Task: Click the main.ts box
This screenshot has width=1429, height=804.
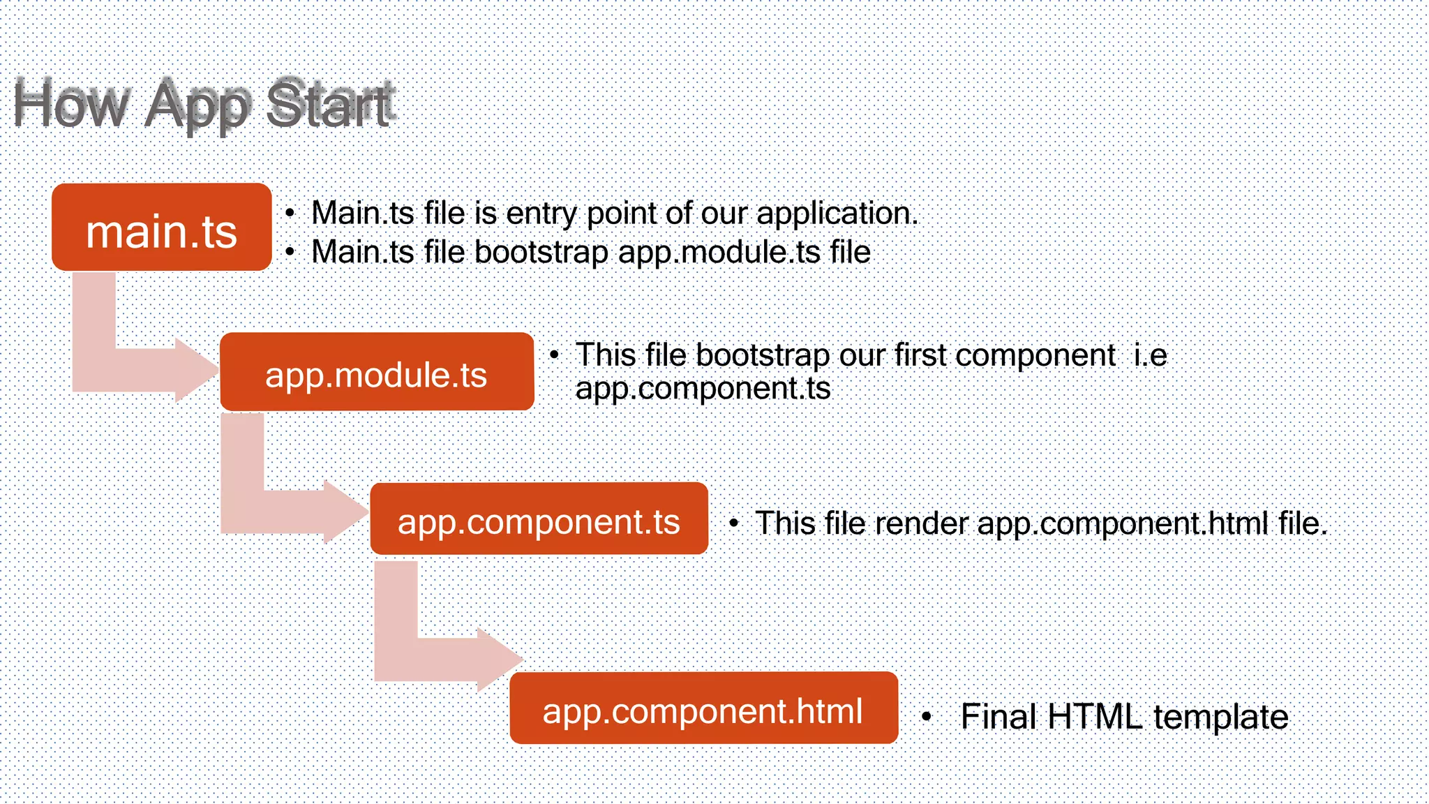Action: [x=161, y=228]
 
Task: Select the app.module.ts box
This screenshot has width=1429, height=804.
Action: [x=377, y=372]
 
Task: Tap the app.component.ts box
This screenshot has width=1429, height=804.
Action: [x=539, y=519]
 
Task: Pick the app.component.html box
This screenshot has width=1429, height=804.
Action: [x=703, y=708]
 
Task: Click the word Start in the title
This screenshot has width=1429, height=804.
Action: [x=330, y=105]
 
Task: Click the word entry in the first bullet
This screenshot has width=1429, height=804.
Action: [x=542, y=214]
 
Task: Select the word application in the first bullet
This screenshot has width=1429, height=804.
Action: [x=837, y=214]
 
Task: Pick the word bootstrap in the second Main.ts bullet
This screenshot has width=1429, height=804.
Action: [x=541, y=252]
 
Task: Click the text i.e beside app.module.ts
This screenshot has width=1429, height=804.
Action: [x=1149, y=355]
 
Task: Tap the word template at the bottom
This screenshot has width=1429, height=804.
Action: [x=1220, y=717]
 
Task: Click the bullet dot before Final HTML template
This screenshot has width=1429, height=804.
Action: [x=927, y=716]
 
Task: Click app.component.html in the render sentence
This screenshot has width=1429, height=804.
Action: [x=1123, y=523]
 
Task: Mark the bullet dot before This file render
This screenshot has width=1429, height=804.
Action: [x=733, y=523]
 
